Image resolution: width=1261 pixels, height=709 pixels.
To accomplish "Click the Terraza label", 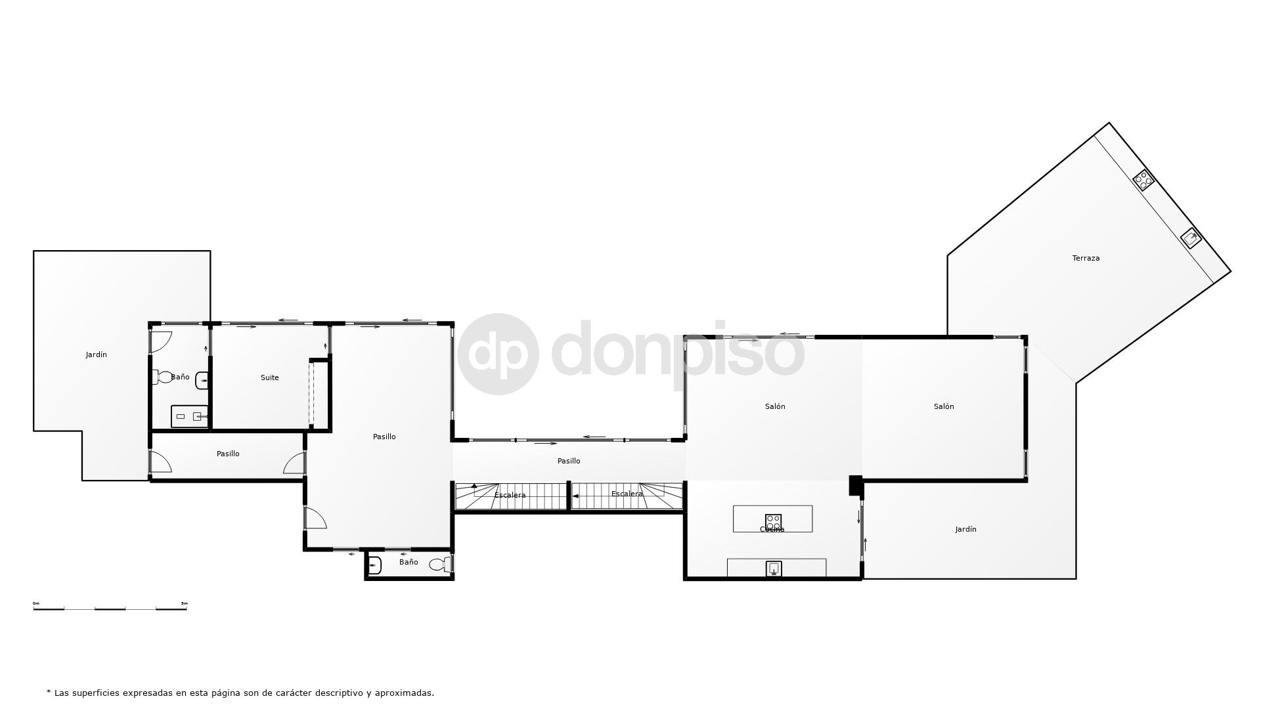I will pos(1086,258).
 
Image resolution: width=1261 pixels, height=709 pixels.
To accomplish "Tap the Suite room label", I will pos(269,377).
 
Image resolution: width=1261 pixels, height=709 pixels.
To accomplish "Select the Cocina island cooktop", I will pos(774,522).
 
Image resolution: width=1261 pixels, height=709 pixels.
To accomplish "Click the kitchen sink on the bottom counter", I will pos(774,569).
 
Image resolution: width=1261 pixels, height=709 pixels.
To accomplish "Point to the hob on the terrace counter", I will pos(1143,180).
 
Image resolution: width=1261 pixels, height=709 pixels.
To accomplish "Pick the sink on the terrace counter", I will pos(1191,238).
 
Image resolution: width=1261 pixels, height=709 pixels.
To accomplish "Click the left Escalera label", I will pos(510,495).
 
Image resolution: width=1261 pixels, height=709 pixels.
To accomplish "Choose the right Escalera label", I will pos(627,494).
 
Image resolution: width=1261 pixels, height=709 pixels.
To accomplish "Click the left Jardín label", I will pos(96,354).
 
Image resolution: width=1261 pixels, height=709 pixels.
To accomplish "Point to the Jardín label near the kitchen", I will pos(965,529).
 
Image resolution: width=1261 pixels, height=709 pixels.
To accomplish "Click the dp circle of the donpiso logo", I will pos(498,354).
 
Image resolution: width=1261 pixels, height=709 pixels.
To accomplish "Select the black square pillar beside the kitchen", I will pos(855,485).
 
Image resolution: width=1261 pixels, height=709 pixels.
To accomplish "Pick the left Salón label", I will pos(775,406).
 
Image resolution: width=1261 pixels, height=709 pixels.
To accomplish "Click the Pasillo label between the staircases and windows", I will pos(569,461).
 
